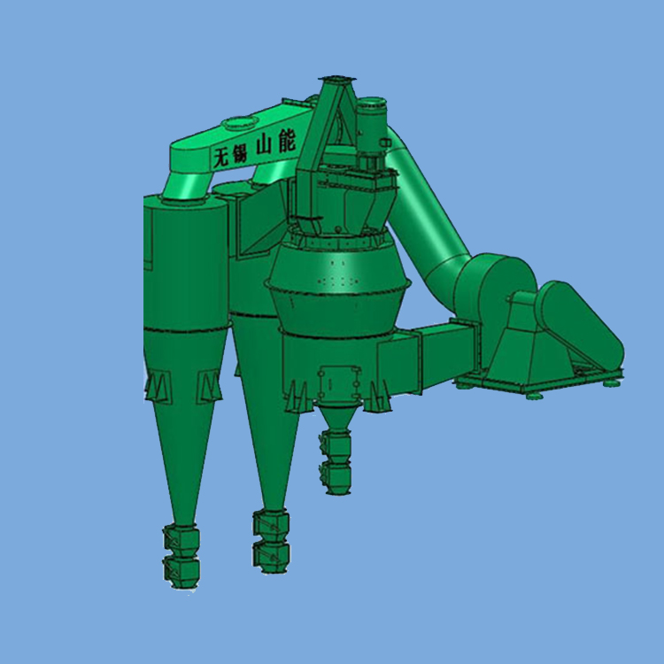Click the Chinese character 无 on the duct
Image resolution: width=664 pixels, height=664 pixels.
[222, 158]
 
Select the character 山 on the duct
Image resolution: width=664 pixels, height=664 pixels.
[265, 146]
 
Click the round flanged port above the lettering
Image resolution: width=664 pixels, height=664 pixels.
[240, 122]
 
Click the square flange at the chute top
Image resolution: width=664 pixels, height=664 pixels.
[336, 79]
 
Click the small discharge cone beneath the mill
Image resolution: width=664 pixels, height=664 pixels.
[337, 417]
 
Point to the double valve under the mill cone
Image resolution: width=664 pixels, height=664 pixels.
[336, 462]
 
